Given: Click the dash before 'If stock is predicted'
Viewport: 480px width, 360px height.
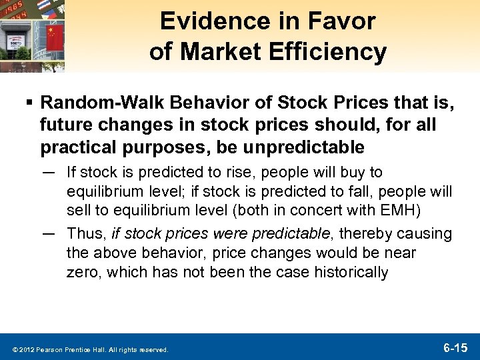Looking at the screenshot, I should pyautogui.click(x=49, y=173).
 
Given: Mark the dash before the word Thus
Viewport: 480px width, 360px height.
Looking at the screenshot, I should pyautogui.click(x=49, y=234).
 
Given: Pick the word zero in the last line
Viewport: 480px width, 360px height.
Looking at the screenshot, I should pyautogui.click(x=81, y=271).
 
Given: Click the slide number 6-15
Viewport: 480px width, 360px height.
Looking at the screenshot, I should pyautogui.click(x=455, y=347).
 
